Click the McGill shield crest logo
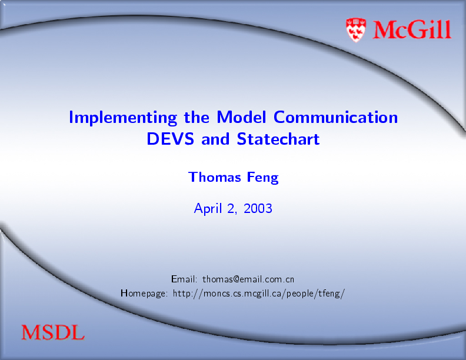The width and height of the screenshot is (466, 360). [x=356, y=30]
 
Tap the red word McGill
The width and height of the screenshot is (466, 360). [x=412, y=29]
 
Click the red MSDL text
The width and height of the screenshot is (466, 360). [x=53, y=332]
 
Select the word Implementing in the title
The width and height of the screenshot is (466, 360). [x=123, y=118]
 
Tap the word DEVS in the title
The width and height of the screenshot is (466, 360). [x=170, y=139]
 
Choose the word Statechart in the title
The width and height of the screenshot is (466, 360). [x=278, y=139]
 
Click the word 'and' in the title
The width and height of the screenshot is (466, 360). [x=215, y=139]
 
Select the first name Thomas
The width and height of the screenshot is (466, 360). [x=215, y=177]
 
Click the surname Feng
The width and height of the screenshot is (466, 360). [x=263, y=178]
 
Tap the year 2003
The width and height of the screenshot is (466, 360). [x=258, y=208]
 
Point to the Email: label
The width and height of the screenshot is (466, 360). [x=184, y=279]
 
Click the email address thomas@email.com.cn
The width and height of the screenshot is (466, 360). [x=248, y=279]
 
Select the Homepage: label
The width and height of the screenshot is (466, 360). [x=144, y=294]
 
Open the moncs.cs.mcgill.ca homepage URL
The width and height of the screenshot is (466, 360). [x=258, y=294]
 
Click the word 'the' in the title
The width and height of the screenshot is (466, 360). [x=197, y=117]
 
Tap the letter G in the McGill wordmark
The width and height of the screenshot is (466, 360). [x=417, y=29]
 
